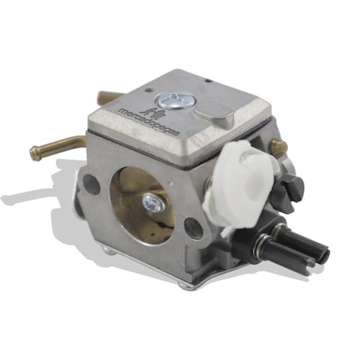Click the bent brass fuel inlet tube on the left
pyautogui.click(x=57, y=145)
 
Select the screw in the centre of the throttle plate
pyautogui.click(x=153, y=204)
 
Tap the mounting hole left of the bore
pyautogui.click(x=91, y=184)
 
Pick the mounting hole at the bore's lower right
pyautogui.click(x=194, y=228)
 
